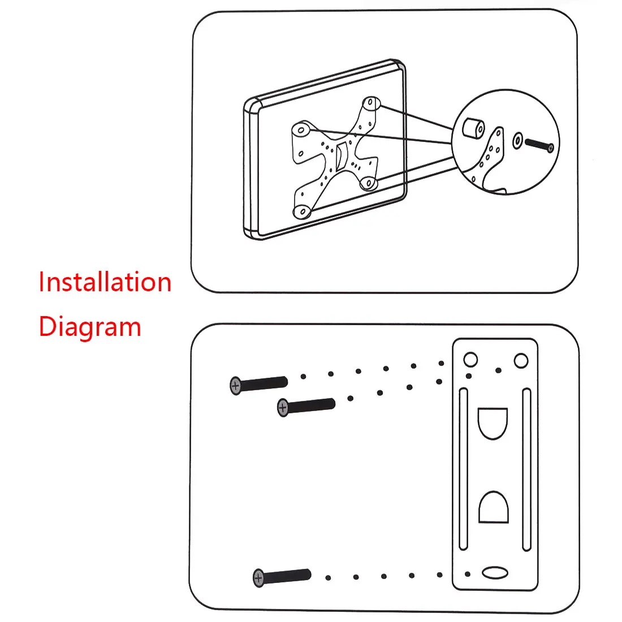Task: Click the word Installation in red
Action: pyautogui.click(x=105, y=282)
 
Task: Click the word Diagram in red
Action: pyautogui.click(x=89, y=327)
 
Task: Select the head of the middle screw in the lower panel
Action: pyautogui.click(x=283, y=407)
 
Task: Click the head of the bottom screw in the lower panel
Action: pyautogui.click(x=259, y=578)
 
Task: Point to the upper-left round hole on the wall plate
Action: pyautogui.click(x=470, y=359)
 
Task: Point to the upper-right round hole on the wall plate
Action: pyautogui.click(x=520, y=360)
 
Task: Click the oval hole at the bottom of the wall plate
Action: pyautogui.click(x=494, y=573)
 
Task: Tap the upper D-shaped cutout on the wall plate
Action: pyautogui.click(x=493, y=422)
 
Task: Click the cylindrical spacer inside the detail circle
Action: pyautogui.click(x=472, y=128)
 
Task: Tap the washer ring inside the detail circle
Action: pyautogui.click(x=517, y=140)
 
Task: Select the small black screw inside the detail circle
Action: pyautogui.click(x=539, y=145)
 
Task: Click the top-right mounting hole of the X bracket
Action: pyautogui.click(x=370, y=103)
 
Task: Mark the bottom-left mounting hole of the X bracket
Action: pyautogui.click(x=303, y=212)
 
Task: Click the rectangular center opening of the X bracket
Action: pyautogui.click(x=342, y=157)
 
